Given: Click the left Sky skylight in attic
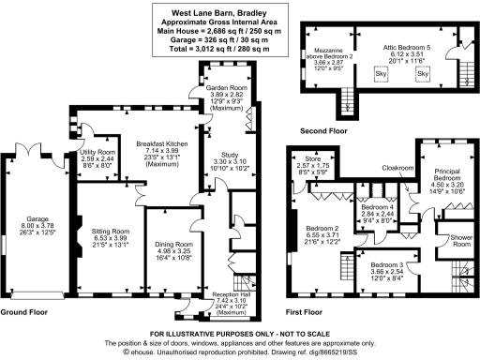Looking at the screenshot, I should tap(381, 72).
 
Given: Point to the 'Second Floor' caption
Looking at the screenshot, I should tap(321, 130).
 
